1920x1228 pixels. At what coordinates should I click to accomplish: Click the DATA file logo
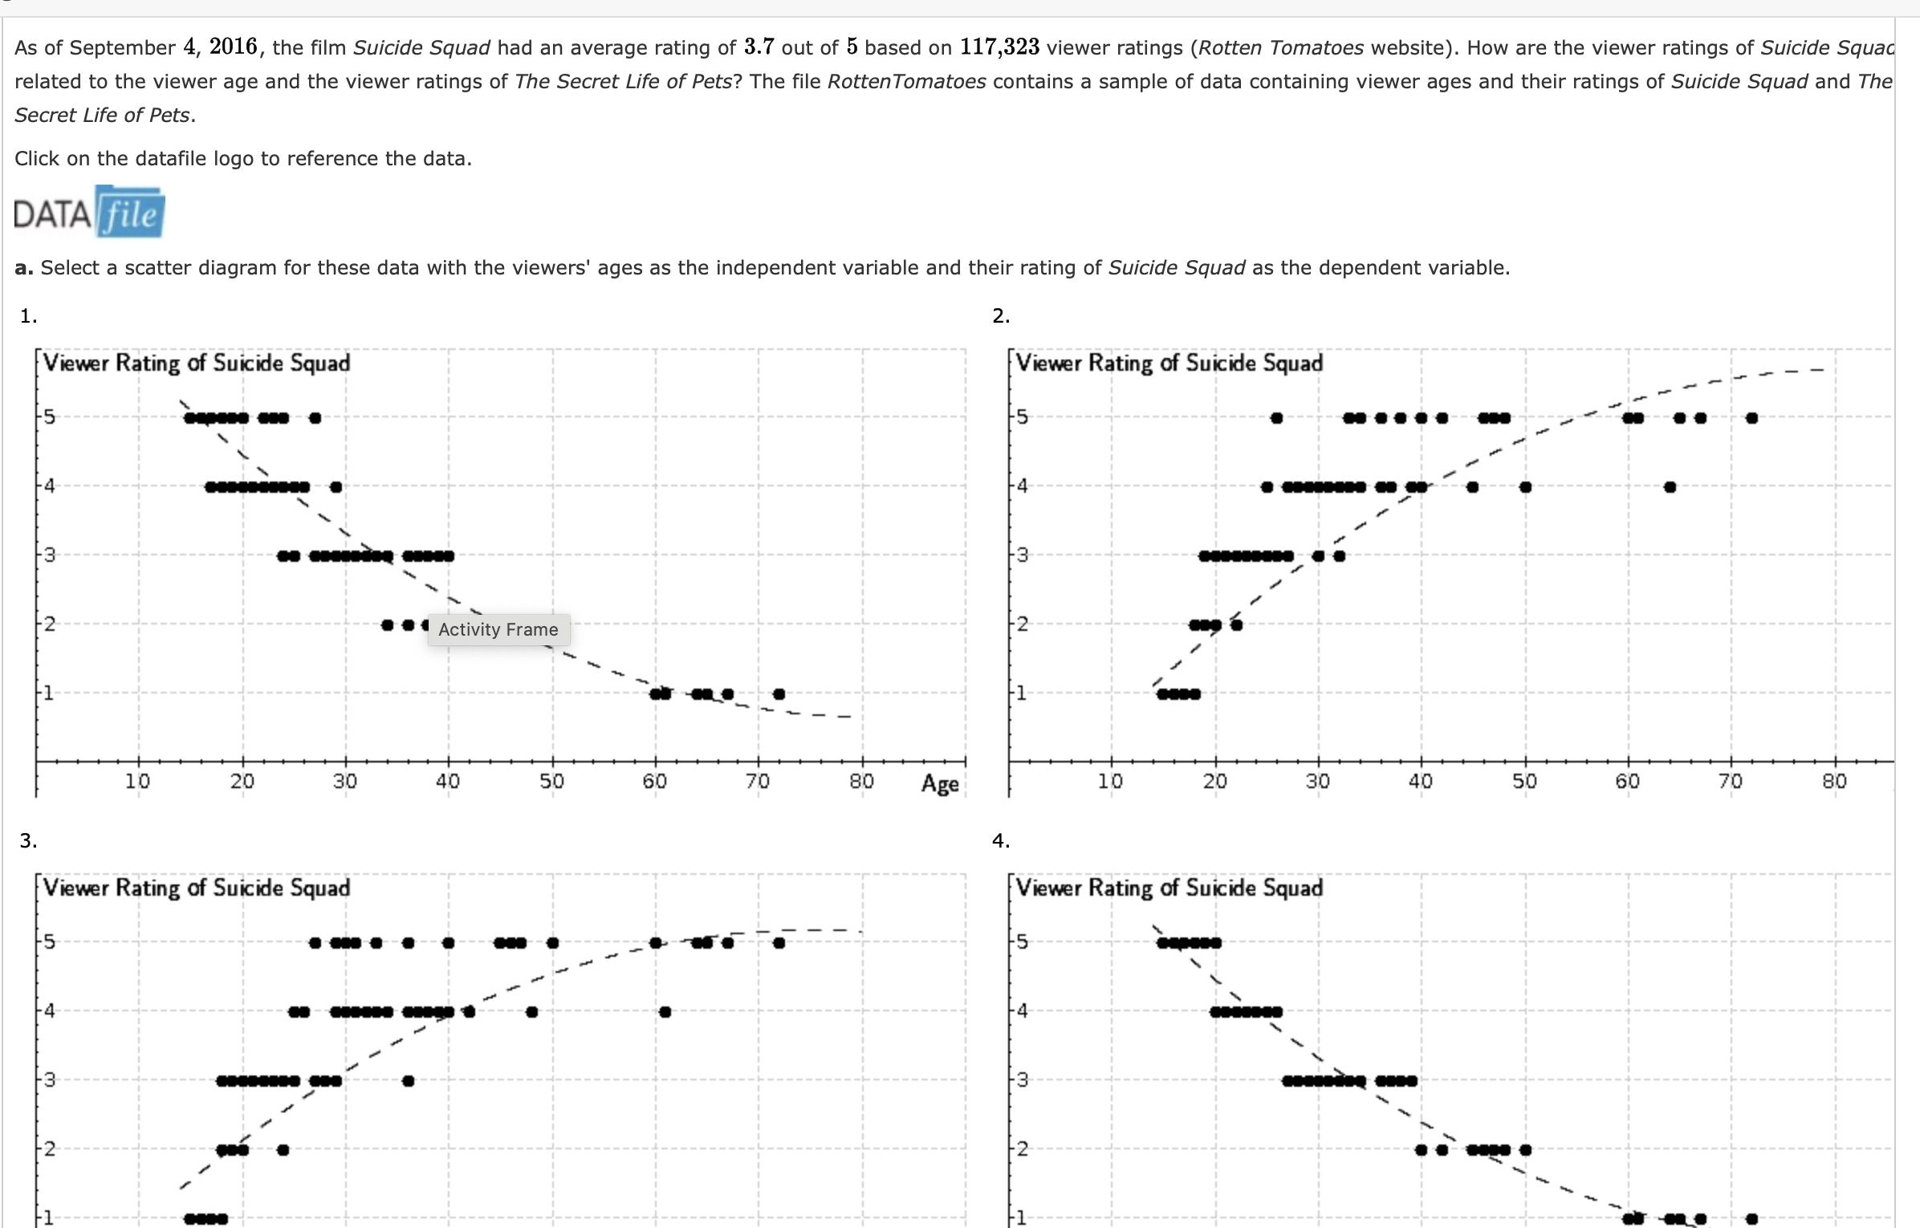89,212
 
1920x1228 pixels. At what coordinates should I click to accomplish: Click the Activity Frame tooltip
498,629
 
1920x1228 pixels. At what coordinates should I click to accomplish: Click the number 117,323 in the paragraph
999,47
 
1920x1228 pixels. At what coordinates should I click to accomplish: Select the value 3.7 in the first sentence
759,47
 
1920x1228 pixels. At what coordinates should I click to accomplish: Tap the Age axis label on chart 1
940,783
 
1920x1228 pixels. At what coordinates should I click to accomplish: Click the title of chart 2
1169,363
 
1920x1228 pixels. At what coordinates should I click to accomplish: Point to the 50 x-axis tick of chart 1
551,781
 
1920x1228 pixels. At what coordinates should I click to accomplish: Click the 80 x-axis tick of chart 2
1834,781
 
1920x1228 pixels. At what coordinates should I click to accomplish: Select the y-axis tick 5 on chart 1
50,417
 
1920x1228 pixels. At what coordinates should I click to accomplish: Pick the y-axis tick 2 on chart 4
1022,1149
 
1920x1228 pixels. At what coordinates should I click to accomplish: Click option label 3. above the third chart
28,840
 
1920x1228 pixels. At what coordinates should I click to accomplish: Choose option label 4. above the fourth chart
1001,840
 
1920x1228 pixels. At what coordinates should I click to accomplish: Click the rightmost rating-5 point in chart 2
1751,417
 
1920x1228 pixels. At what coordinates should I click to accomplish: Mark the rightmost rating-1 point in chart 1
779,693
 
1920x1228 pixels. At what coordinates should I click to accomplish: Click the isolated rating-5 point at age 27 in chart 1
315,417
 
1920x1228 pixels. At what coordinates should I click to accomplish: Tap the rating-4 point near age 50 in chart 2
1525,486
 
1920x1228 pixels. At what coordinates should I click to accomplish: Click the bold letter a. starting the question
23,268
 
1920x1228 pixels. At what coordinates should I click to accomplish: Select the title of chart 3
197,888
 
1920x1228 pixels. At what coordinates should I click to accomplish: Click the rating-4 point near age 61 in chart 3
665,1011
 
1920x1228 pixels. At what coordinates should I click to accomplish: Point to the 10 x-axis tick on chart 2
1110,781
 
